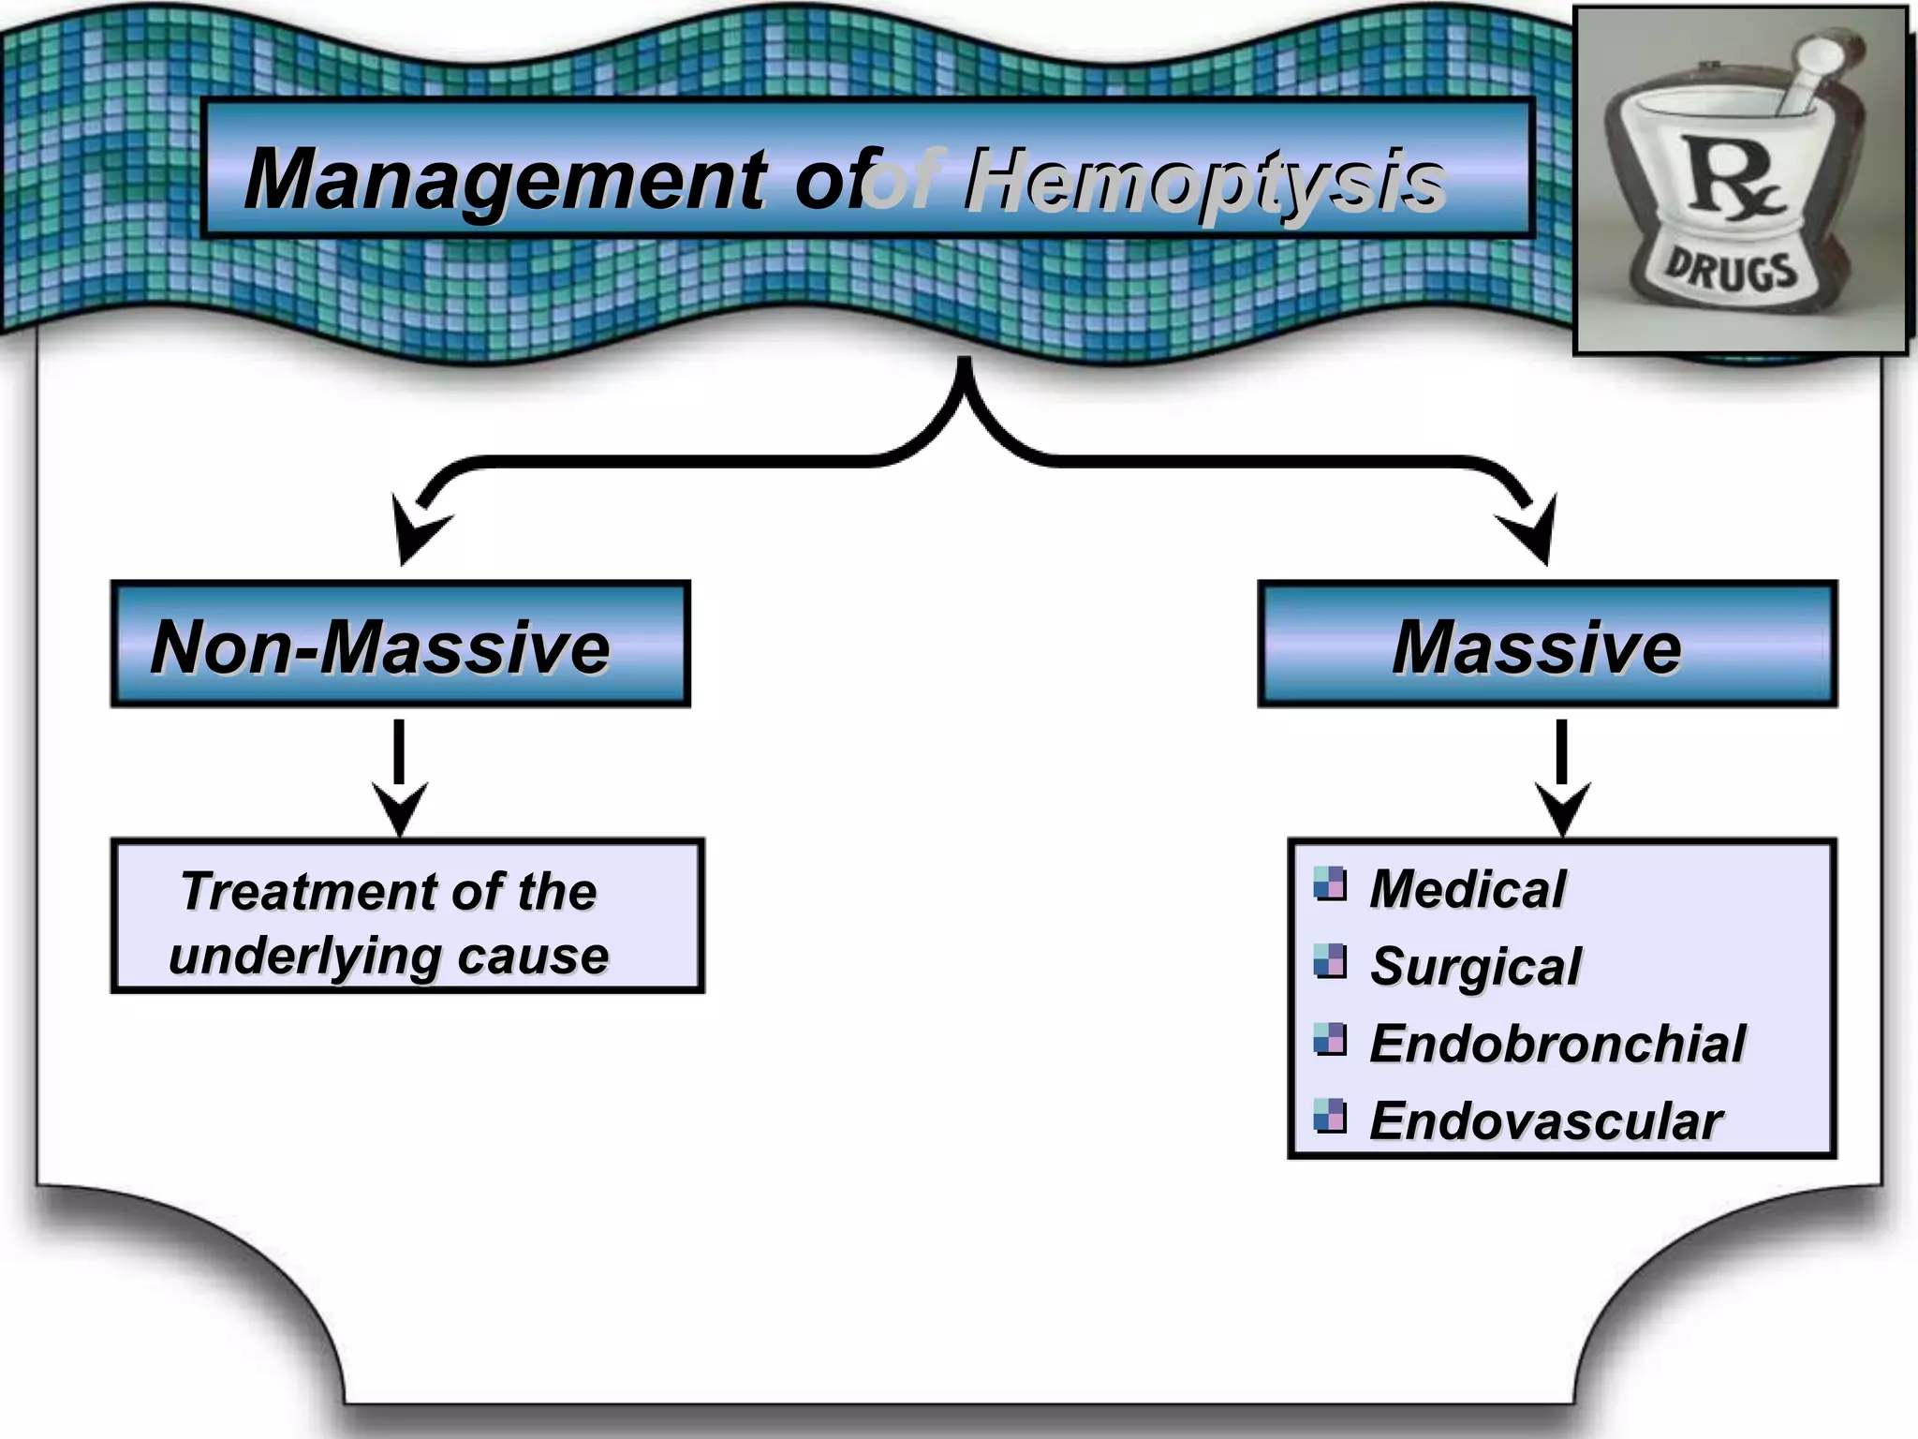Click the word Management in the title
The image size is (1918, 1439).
(x=506, y=180)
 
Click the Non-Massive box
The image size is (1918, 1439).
(x=400, y=645)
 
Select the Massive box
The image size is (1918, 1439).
(x=1547, y=645)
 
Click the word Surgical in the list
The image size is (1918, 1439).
(x=1475, y=966)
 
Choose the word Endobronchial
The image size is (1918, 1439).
(x=1557, y=1043)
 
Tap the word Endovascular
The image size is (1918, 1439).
(x=1545, y=1120)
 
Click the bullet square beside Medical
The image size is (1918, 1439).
(x=1329, y=883)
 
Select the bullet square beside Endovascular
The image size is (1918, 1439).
(x=1329, y=1116)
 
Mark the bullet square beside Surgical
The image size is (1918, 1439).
(x=1329, y=961)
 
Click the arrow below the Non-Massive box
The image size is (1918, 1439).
(x=400, y=778)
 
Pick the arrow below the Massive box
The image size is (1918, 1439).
(x=1561, y=778)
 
